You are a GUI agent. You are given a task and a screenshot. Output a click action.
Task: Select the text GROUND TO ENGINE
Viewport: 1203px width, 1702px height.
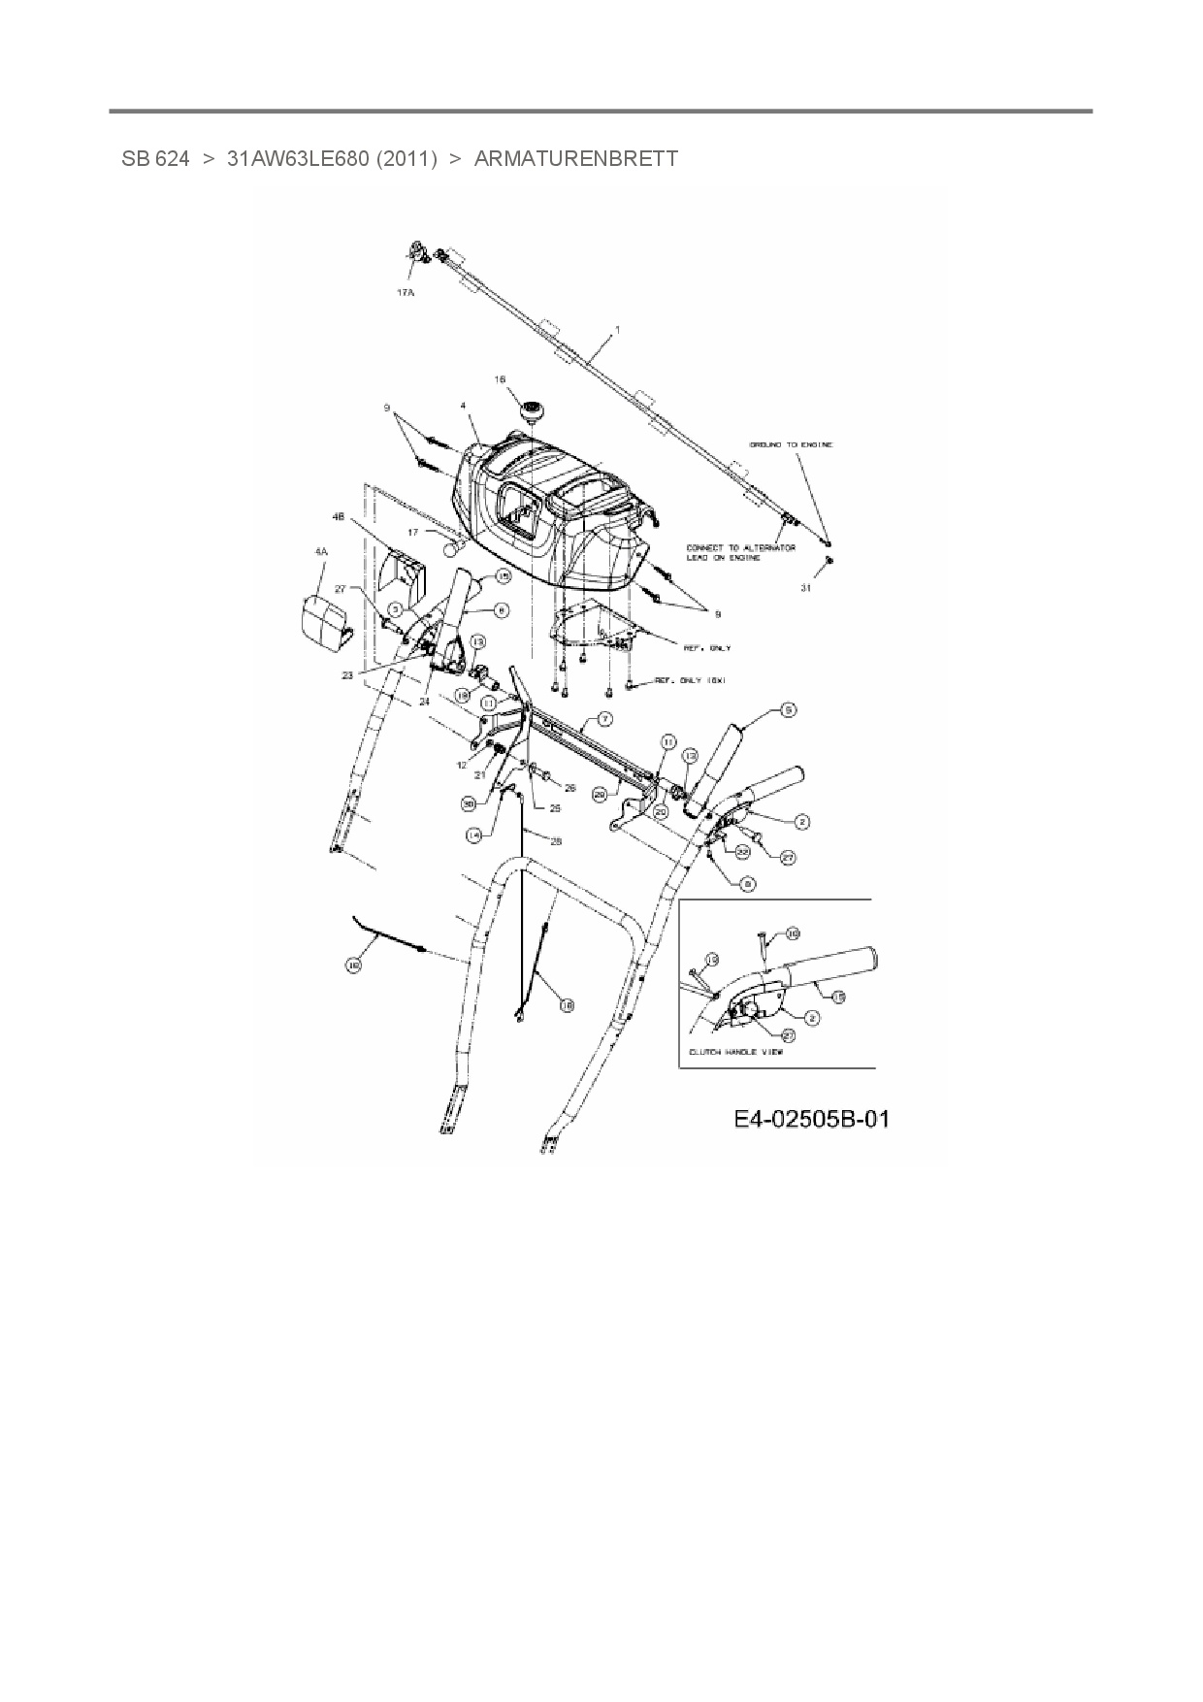[x=790, y=444]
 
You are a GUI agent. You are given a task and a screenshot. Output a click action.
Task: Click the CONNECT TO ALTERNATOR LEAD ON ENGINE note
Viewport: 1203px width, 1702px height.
[x=740, y=552]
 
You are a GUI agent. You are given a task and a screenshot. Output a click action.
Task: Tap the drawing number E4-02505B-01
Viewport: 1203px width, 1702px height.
[x=811, y=1120]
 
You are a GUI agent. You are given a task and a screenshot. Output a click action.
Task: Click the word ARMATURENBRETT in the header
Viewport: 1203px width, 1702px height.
[x=575, y=158]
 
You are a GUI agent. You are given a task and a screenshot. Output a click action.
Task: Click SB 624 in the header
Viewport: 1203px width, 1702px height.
[x=155, y=158]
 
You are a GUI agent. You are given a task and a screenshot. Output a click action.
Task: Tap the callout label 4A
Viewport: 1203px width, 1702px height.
[x=320, y=551]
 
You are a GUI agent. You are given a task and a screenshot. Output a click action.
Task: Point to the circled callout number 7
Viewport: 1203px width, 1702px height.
[x=604, y=719]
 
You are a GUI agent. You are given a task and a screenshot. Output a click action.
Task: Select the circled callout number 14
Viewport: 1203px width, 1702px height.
[x=474, y=834]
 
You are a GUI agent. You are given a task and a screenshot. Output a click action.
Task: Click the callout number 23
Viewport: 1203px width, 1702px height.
[x=347, y=675]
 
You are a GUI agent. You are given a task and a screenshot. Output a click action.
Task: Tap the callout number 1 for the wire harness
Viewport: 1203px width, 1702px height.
[x=617, y=330]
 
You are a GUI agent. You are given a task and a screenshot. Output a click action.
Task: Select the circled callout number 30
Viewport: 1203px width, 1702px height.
[x=469, y=803]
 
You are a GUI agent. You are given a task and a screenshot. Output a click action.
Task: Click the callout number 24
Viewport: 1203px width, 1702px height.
[x=424, y=700]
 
